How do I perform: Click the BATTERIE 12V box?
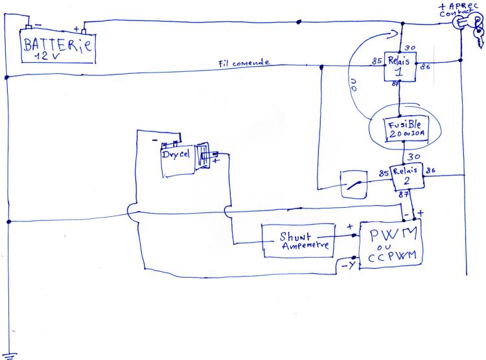(57, 46)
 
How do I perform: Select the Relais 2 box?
(406, 177)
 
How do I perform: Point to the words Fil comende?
(244, 63)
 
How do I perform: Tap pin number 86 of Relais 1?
(426, 65)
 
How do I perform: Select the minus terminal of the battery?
(28, 27)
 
